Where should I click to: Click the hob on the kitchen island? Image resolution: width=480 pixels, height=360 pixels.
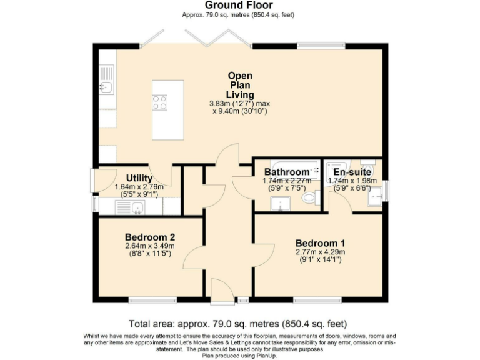click(160, 102)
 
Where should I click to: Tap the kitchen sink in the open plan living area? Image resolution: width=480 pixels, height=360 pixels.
click(106, 87)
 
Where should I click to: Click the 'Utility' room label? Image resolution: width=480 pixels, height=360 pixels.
click(139, 178)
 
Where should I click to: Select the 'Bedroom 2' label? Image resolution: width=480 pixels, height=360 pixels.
click(149, 237)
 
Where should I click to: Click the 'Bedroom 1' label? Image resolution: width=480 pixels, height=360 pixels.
click(320, 243)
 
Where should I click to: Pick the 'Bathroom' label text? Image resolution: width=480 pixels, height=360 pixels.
click(286, 172)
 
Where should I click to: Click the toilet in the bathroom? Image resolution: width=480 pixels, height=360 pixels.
click(309, 198)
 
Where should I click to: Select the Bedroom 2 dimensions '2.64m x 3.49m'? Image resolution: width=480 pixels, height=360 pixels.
click(149, 246)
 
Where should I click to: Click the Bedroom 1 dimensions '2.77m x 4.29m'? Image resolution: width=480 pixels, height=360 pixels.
click(320, 252)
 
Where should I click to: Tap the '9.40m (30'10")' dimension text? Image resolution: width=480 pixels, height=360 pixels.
click(241, 111)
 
